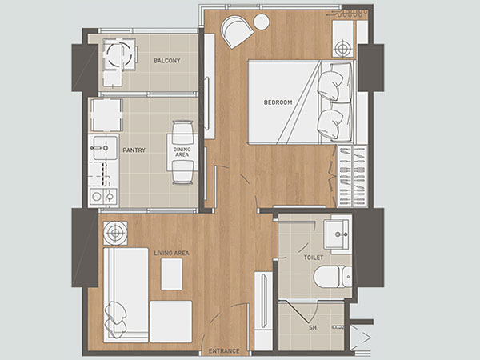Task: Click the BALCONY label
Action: pos(166,61)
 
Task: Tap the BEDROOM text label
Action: pos(278,102)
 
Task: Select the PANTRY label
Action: pos(134,150)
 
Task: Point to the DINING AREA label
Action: pos(182,152)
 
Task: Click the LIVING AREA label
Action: pos(171,253)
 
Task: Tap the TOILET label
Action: pos(314,258)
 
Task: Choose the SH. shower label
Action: pos(313,327)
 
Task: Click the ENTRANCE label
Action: pos(224,351)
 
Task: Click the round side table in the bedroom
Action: pos(262,22)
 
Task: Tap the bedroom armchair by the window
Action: pos(238,31)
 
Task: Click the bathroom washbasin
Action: pos(338,234)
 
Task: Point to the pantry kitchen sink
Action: pos(104,148)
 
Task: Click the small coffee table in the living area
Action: pos(171,274)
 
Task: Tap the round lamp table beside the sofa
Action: pos(115,233)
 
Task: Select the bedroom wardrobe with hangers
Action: pos(352,176)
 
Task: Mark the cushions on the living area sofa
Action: pos(116,319)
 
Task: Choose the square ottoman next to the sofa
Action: pos(171,322)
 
